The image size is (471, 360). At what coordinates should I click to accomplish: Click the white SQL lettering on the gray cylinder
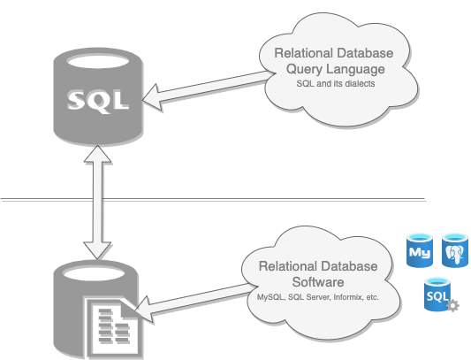coord(98,101)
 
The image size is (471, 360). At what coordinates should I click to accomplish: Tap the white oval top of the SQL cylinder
coord(98,62)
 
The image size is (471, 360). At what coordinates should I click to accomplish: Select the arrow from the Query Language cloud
coord(209,89)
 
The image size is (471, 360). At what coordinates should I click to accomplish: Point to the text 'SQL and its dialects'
coord(336,83)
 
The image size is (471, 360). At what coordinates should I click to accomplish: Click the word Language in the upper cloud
coord(355,69)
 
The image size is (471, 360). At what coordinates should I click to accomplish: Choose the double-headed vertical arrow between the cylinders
coord(97,202)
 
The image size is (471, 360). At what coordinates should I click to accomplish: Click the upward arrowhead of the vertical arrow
coord(97,154)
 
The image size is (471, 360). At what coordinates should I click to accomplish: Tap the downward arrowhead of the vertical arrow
coord(97,250)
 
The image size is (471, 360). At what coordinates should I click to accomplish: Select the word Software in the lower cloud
coord(318,282)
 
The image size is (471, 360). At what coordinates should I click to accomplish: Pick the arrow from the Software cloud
coord(195,303)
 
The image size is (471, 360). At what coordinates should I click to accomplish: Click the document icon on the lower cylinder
coord(113,327)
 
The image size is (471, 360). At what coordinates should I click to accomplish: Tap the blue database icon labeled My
coord(420,250)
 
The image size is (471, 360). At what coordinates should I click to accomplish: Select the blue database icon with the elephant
coord(455,250)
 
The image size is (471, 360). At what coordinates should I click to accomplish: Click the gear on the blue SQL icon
coord(452,305)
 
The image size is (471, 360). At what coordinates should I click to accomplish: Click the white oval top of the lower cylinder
coord(94,273)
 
